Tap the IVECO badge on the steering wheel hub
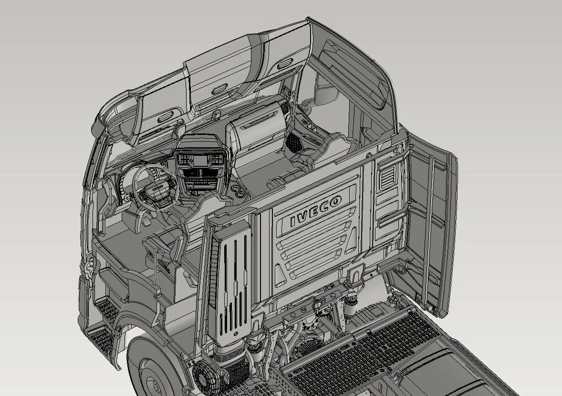156,188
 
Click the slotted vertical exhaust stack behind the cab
233,283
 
